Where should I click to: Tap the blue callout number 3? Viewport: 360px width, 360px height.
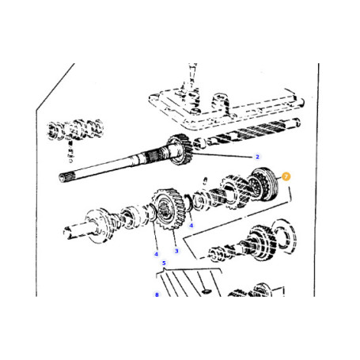coord(176,251)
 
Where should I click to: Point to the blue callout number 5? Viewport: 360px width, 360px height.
coord(163,263)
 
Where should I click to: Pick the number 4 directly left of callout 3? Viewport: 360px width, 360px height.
coord(156,253)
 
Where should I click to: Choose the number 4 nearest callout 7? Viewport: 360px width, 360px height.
coord(191,225)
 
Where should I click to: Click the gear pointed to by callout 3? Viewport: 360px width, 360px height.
coord(165,213)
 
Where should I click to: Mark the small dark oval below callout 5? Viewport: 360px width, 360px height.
coord(203,289)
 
